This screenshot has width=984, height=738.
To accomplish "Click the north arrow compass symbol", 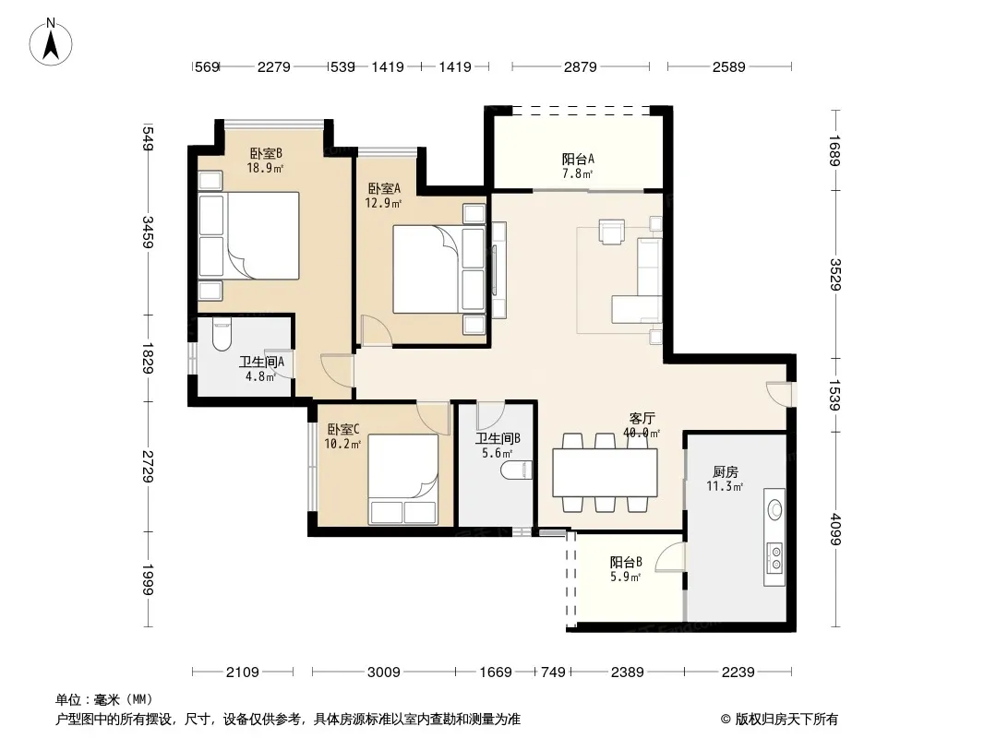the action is (51, 42).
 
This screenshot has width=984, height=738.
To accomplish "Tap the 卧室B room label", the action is (266, 153).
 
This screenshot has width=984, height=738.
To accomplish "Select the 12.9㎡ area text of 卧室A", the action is (383, 203).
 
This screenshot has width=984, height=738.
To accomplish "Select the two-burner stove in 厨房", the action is (775, 558).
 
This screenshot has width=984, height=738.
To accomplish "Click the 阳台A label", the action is (577, 160).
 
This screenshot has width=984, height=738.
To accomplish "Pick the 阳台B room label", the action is (626, 562).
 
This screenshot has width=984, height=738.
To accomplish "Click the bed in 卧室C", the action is (402, 480).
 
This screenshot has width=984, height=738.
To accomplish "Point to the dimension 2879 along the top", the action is (580, 66).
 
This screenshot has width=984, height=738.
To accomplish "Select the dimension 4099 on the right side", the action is (835, 530).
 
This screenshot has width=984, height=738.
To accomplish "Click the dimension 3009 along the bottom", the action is (383, 673).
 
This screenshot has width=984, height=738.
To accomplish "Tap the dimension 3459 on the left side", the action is (148, 232).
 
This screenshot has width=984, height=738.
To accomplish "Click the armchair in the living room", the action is (612, 231).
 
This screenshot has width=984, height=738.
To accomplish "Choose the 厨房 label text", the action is (725, 472).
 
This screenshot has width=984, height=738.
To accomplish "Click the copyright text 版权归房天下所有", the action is (786, 720).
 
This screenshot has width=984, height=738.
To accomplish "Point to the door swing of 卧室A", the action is (377, 330).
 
